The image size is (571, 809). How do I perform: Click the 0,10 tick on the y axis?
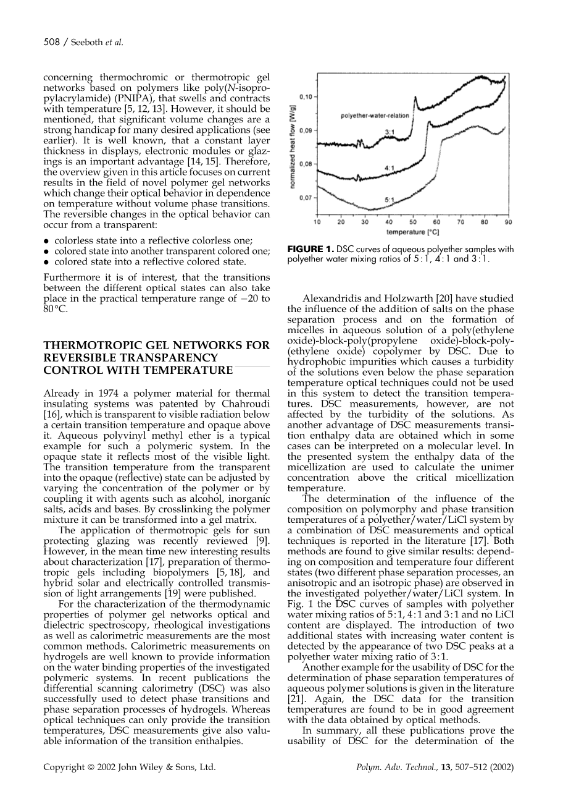coord(306,97)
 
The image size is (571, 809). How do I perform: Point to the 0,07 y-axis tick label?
coord(306,198)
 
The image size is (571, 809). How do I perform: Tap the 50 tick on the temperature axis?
coord(413,221)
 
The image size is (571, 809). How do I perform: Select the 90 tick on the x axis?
coord(508,221)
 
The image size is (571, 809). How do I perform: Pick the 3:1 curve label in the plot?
coord(390,132)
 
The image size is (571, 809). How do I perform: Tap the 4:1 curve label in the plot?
coord(390,167)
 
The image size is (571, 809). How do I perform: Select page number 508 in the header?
coord(51,42)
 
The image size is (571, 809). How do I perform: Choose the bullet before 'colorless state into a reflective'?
coord(46,241)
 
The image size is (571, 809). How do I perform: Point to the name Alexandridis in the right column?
coord(331,299)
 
